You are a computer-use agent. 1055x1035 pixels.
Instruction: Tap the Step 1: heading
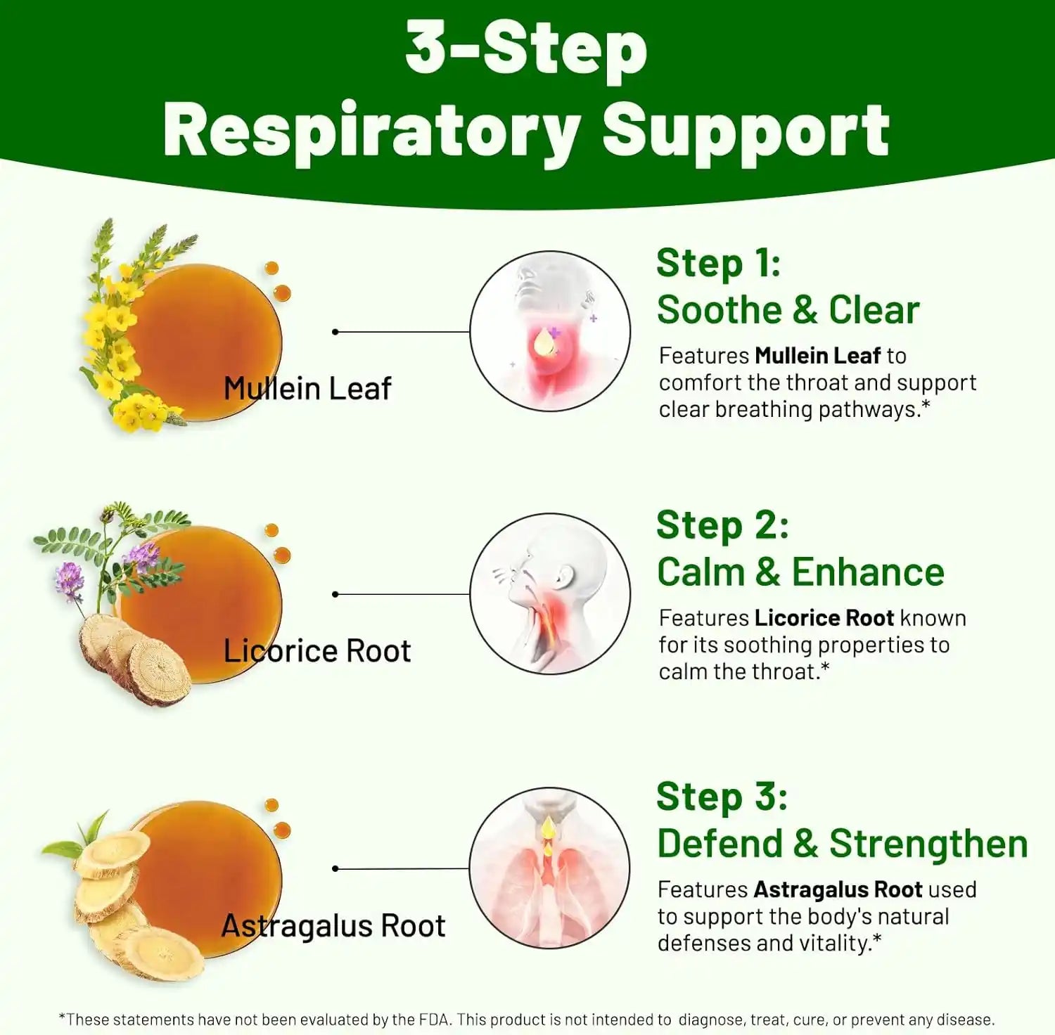[x=718, y=264]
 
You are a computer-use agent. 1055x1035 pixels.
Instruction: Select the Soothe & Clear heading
[x=788, y=310]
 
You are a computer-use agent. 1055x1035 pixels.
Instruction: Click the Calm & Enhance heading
[x=800, y=572]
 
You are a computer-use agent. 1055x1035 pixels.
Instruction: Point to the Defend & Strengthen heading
[x=842, y=844]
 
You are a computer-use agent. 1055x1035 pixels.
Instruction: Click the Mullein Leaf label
[x=307, y=389]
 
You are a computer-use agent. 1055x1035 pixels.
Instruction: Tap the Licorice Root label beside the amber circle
[x=316, y=651]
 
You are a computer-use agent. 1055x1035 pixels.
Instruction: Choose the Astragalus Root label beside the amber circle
[x=333, y=926]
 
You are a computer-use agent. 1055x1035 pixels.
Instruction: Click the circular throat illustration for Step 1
[x=550, y=331]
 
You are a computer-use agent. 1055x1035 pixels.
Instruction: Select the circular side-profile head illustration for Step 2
[x=550, y=593]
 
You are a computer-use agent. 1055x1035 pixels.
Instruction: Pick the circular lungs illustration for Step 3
[x=550, y=868]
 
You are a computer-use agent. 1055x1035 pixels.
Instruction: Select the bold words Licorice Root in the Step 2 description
[x=824, y=618]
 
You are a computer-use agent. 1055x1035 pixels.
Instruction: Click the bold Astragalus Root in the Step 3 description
[x=838, y=889]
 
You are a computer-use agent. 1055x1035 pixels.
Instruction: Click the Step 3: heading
[x=722, y=797]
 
